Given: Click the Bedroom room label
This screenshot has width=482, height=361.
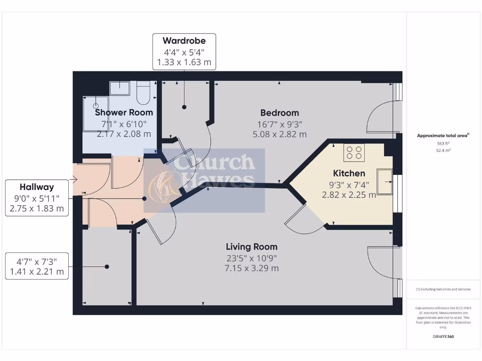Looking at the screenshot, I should [280, 113].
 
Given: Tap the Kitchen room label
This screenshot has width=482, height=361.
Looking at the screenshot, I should [349, 173].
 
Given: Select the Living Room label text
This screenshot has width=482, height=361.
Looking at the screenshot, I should [251, 247].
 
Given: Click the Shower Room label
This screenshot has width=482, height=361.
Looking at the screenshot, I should [124, 112].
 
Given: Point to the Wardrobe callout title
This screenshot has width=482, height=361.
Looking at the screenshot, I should [184, 41].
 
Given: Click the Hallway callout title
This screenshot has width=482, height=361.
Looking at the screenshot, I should [37, 187].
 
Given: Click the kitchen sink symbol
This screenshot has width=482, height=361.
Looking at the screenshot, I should [385, 180].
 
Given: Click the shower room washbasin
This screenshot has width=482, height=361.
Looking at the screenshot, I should [120, 88].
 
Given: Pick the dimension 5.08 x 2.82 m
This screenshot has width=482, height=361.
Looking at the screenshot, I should [280, 134].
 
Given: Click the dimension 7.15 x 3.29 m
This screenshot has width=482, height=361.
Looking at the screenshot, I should [251, 268].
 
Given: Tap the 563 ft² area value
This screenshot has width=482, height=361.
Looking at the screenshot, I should [443, 144].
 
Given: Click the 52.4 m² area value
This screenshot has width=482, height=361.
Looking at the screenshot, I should [443, 151].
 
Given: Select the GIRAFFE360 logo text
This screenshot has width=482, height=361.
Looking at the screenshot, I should [443, 337].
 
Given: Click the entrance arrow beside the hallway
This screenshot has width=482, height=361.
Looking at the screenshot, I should [72, 179].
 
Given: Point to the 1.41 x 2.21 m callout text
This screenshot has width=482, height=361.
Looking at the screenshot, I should [37, 272].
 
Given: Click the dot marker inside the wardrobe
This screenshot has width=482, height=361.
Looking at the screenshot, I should [184, 107].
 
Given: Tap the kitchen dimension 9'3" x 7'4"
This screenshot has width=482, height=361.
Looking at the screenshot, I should [349, 185].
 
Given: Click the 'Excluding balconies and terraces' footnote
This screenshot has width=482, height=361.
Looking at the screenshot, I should [443, 289].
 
